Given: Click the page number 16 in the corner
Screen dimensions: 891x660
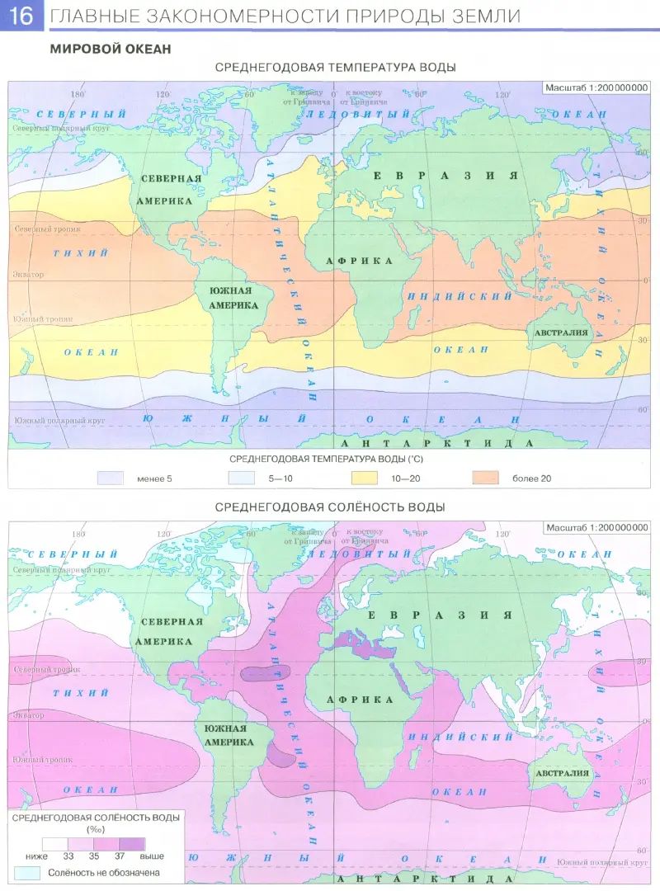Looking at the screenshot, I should click(x=21, y=16).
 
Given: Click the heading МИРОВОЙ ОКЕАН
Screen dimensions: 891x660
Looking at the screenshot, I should click(x=111, y=49).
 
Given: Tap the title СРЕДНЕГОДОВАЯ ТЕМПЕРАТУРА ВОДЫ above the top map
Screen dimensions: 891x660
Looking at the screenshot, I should click(x=335, y=68).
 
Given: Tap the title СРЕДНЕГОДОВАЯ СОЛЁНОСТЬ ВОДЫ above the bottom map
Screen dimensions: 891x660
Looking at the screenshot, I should click(x=335, y=507).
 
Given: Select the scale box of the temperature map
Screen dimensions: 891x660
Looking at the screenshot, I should click(x=596, y=88).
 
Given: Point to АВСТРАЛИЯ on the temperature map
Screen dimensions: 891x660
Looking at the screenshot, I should click(x=561, y=333).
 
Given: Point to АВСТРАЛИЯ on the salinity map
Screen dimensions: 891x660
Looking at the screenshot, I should click(x=561, y=773).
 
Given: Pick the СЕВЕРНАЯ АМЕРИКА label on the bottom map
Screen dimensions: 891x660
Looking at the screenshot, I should click(x=171, y=631).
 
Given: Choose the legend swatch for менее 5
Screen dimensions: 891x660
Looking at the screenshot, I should click(x=111, y=478).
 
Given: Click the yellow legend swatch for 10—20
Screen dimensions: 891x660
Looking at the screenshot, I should click(x=364, y=478).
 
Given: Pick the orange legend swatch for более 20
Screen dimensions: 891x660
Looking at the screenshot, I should click(x=486, y=478).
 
